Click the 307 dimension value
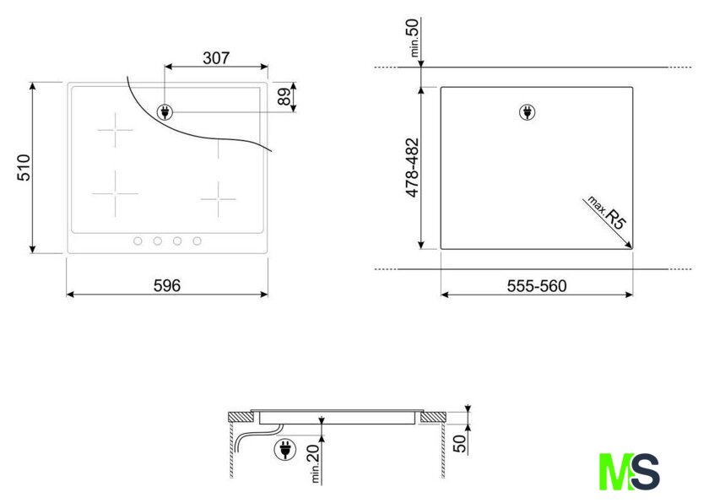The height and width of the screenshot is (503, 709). point(216,58)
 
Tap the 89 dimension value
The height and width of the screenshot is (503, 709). point(284,97)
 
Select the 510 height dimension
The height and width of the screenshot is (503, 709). point(24,168)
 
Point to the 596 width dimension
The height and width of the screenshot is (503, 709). point(167,285)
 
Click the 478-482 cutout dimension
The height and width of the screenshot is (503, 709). point(413,168)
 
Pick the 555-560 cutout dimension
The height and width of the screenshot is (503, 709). point(537,286)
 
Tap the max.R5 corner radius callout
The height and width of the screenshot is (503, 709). point(607,213)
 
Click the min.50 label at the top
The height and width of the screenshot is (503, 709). point(414,37)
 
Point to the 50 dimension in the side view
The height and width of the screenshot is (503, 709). point(459,443)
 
